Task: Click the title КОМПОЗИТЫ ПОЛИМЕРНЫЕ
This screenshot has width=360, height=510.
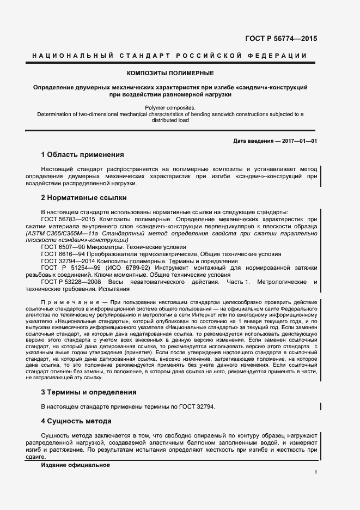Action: [170, 72]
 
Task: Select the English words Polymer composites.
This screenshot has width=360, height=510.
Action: [170, 108]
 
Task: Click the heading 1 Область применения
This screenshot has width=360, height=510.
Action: [83, 154]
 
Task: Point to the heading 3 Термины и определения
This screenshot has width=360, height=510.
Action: [88, 392]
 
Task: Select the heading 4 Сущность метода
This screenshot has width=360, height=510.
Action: [76, 421]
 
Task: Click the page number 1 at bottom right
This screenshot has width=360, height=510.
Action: [315, 473]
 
